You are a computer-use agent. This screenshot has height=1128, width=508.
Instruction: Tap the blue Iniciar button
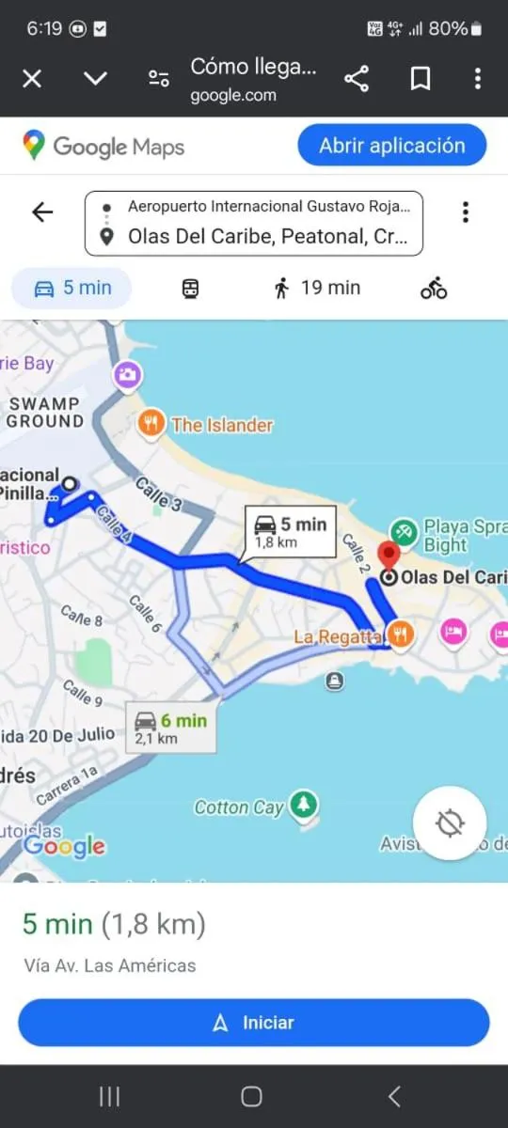(x=254, y=1023)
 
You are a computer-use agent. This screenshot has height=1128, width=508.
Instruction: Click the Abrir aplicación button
(x=391, y=146)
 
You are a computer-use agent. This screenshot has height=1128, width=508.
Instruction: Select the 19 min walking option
(x=317, y=288)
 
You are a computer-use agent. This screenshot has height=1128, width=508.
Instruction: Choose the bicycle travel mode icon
(x=434, y=289)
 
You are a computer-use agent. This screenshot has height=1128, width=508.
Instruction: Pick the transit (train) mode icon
(x=190, y=289)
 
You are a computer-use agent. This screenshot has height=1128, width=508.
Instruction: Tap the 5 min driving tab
(x=71, y=288)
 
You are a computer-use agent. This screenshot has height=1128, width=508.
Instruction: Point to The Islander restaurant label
(x=222, y=425)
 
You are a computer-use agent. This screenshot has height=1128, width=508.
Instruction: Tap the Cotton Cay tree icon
(x=303, y=804)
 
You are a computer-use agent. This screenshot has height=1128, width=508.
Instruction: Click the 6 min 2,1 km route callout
(x=171, y=728)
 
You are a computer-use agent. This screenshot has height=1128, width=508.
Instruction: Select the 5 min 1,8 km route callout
(x=290, y=531)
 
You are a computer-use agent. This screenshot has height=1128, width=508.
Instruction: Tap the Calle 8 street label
(x=82, y=617)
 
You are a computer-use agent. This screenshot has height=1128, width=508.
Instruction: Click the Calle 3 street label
(x=158, y=495)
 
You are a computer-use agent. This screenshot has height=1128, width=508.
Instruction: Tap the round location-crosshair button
(x=450, y=823)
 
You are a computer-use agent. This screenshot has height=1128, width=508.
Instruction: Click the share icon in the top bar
(x=357, y=79)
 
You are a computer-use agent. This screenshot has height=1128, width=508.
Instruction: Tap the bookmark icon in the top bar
(x=421, y=79)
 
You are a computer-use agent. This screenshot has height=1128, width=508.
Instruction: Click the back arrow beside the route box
(x=42, y=212)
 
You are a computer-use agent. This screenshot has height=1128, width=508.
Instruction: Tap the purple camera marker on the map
(x=127, y=376)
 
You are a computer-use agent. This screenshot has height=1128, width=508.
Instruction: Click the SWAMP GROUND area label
(x=45, y=412)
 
